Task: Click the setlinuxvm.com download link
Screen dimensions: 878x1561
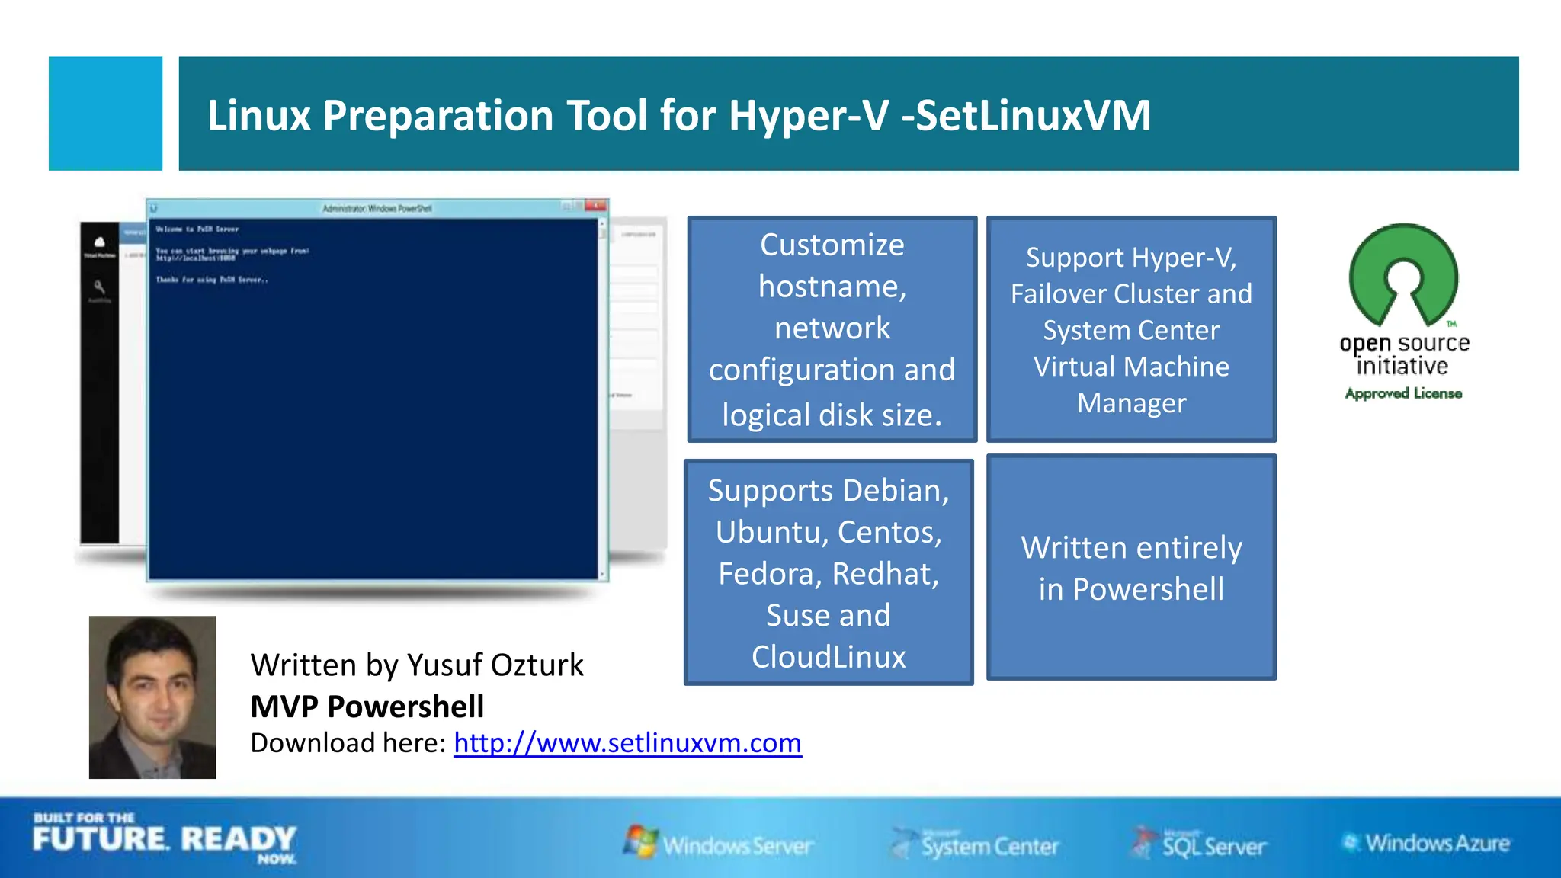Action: [x=627, y=743]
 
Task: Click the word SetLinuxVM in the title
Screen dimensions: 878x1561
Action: [x=1032, y=116]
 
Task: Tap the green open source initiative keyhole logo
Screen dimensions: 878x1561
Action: [x=1403, y=274]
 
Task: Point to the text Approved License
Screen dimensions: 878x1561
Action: [x=1403, y=393]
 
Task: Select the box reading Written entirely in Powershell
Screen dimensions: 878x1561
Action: [x=1131, y=568]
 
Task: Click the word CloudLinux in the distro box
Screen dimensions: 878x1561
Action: [x=829, y=657]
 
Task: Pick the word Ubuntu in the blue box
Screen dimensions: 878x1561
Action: [x=764, y=532]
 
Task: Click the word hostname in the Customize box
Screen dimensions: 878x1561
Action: [x=832, y=287]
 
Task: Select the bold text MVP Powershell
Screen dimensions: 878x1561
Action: [x=367, y=707]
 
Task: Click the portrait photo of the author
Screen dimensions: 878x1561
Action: [x=152, y=697]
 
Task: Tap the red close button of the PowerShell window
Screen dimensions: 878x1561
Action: [x=596, y=206]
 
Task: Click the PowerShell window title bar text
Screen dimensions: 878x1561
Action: [x=377, y=208]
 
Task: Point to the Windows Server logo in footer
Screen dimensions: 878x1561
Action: [x=718, y=844]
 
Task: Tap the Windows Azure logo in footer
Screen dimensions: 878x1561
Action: [x=1426, y=843]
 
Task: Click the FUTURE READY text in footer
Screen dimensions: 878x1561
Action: [x=164, y=839]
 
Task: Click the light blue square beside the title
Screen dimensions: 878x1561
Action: [x=105, y=114]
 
